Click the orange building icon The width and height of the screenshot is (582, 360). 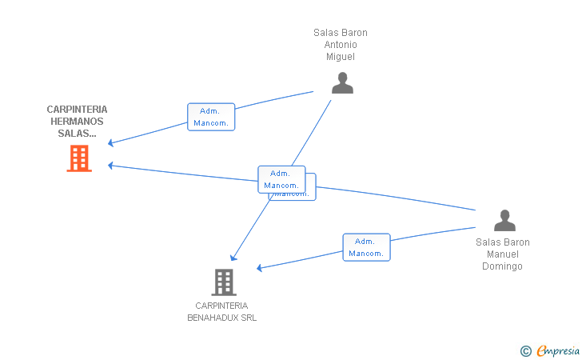click(x=78, y=158)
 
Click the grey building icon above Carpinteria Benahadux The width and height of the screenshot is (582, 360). click(x=224, y=282)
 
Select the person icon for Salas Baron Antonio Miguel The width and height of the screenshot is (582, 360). click(x=342, y=83)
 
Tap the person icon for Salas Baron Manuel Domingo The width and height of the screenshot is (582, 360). click(x=504, y=221)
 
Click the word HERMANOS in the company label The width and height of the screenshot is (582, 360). click(x=77, y=122)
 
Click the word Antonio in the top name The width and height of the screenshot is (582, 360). click(x=341, y=45)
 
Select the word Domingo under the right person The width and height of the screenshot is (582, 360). click(x=502, y=266)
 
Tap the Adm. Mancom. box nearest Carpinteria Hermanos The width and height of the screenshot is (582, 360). click(x=211, y=117)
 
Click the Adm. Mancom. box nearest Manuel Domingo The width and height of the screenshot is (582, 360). click(x=366, y=247)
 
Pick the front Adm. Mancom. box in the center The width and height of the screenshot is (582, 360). click(x=281, y=179)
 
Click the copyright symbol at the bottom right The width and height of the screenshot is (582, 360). click(x=525, y=350)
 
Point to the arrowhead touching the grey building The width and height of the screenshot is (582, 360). click(x=233, y=258)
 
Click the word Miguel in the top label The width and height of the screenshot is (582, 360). click(x=341, y=57)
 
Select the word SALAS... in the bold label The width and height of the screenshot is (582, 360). click(x=77, y=134)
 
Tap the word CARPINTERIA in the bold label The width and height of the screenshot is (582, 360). click(x=77, y=110)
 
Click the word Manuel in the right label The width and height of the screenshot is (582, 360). click(x=503, y=254)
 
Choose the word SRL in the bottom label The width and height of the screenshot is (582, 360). click(x=246, y=318)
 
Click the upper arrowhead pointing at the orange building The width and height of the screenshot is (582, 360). click(x=111, y=143)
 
